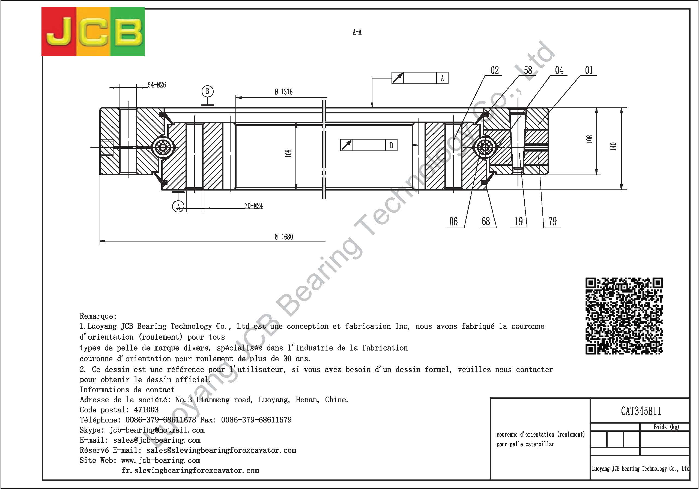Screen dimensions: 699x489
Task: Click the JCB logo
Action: pyautogui.click(x=93, y=32)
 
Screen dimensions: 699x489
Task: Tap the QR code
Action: pyautogui.click(x=624, y=316)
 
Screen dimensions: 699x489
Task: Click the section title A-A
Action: pyautogui.click(x=357, y=32)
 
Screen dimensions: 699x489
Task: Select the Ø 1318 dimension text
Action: pyautogui.click(x=283, y=92)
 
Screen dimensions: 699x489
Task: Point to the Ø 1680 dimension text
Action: pyautogui.click(x=283, y=237)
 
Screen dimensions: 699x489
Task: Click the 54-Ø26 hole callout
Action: pyautogui.click(x=157, y=85)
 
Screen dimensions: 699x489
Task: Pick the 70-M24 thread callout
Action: pyautogui.click(x=254, y=206)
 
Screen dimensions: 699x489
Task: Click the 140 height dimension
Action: pyautogui.click(x=613, y=146)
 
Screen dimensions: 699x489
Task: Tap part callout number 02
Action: pyautogui.click(x=495, y=70)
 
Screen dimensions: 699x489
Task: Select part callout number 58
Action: pyautogui.click(x=528, y=70)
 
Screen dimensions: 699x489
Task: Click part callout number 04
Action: pyautogui.click(x=559, y=70)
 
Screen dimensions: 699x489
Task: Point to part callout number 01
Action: pyautogui.click(x=589, y=70)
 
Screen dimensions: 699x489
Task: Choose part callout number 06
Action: pyautogui.click(x=453, y=221)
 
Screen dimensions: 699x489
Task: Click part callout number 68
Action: pyautogui.click(x=486, y=221)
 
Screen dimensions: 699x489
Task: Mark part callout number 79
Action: pyautogui.click(x=552, y=221)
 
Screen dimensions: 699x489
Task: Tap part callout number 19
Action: pyautogui.click(x=519, y=221)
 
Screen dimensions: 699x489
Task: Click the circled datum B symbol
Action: pyautogui.click(x=208, y=91)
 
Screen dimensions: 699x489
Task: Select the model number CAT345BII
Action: pyautogui.click(x=641, y=411)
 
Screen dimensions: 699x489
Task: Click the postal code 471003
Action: pyautogui.click(x=146, y=410)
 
